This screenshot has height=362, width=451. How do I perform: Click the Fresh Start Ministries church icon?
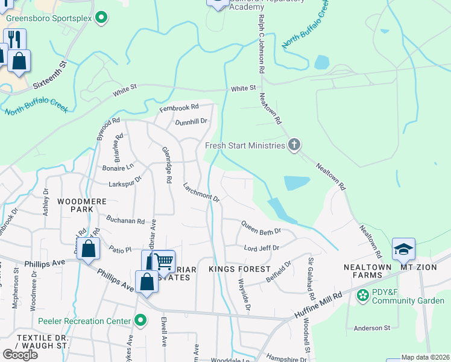(294, 144)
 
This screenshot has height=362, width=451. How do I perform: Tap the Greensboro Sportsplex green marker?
(102, 18)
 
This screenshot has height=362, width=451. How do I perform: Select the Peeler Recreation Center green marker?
(140, 320)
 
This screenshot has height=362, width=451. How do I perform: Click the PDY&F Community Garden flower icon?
(363, 294)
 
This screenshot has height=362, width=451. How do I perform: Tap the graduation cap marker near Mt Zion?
(403, 249)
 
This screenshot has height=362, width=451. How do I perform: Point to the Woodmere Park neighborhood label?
(75, 205)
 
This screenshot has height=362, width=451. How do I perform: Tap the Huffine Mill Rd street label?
(318, 305)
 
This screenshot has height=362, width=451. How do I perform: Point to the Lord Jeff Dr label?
(261, 247)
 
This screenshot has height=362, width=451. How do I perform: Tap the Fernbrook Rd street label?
(178, 108)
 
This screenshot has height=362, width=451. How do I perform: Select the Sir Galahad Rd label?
(311, 279)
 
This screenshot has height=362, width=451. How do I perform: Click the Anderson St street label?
(372, 328)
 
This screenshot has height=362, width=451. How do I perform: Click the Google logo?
(20, 354)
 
